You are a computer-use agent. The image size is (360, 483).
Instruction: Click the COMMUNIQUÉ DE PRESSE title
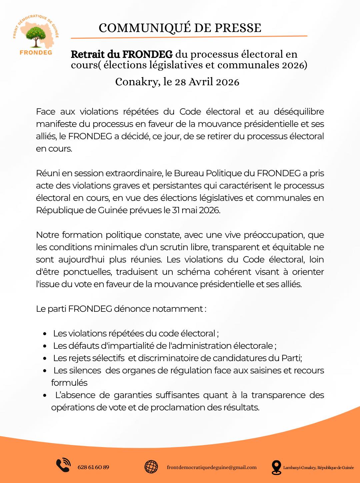click(x=180, y=28)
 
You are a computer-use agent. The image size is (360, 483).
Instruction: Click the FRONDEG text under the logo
click(x=36, y=52)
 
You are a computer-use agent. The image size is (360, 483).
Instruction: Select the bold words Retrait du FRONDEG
click(x=122, y=54)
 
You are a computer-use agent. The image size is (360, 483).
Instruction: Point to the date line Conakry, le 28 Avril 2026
click(x=177, y=82)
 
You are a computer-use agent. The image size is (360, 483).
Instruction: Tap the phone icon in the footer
click(x=63, y=465)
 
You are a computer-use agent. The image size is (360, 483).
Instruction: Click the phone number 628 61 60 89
click(x=93, y=467)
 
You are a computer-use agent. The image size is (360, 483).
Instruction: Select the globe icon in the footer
click(x=151, y=467)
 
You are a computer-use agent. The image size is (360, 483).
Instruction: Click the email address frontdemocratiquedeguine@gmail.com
click(x=212, y=467)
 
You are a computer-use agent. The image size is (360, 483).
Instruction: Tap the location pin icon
click(x=276, y=467)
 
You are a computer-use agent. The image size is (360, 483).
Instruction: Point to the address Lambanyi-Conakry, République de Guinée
click(x=319, y=468)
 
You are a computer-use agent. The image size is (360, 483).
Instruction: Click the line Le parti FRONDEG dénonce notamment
click(x=121, y=309)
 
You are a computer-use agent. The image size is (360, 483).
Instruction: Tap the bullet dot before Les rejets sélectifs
click(x=45, y=358)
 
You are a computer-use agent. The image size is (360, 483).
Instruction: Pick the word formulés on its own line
click(x=69, y=383)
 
